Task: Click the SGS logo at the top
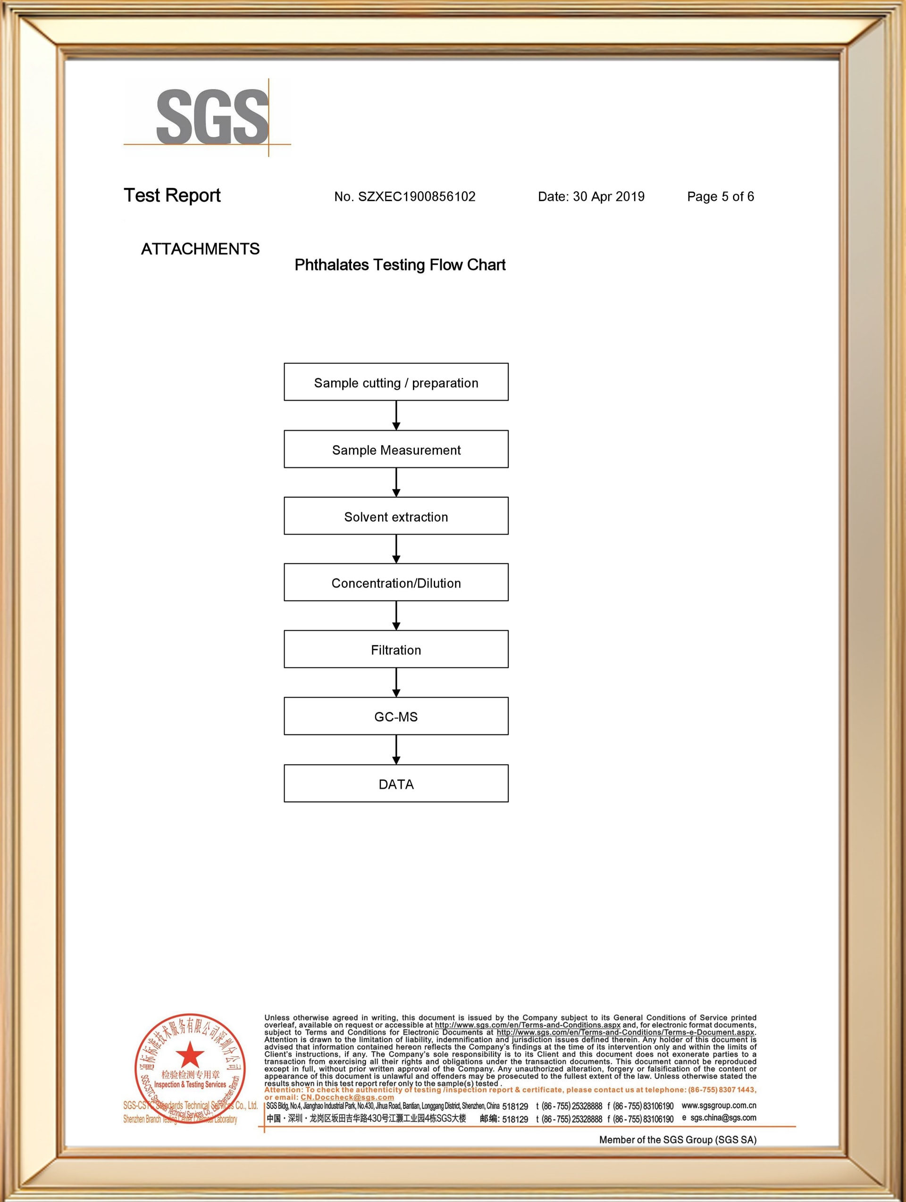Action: tap(211, 117)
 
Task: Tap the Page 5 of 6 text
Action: tap(720, 197)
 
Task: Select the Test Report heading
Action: tap(172, 196)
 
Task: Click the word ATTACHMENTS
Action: tap(200, 249)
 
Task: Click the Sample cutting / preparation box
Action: tap(396, 382)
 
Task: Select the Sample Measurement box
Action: tap(396, 449)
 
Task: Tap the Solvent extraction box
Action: tap(396, 516)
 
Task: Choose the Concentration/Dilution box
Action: tap(396, 583)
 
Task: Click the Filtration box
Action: tap(396, 650)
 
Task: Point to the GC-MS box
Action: tap(396, 716)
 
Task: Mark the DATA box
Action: tap(396, 783)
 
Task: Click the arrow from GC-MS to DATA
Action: tap(396, 750)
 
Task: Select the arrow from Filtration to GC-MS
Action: tap(396, 683)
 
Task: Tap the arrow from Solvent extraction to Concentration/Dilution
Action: tap(396, 549)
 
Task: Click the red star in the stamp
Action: tap(190, 1055)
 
